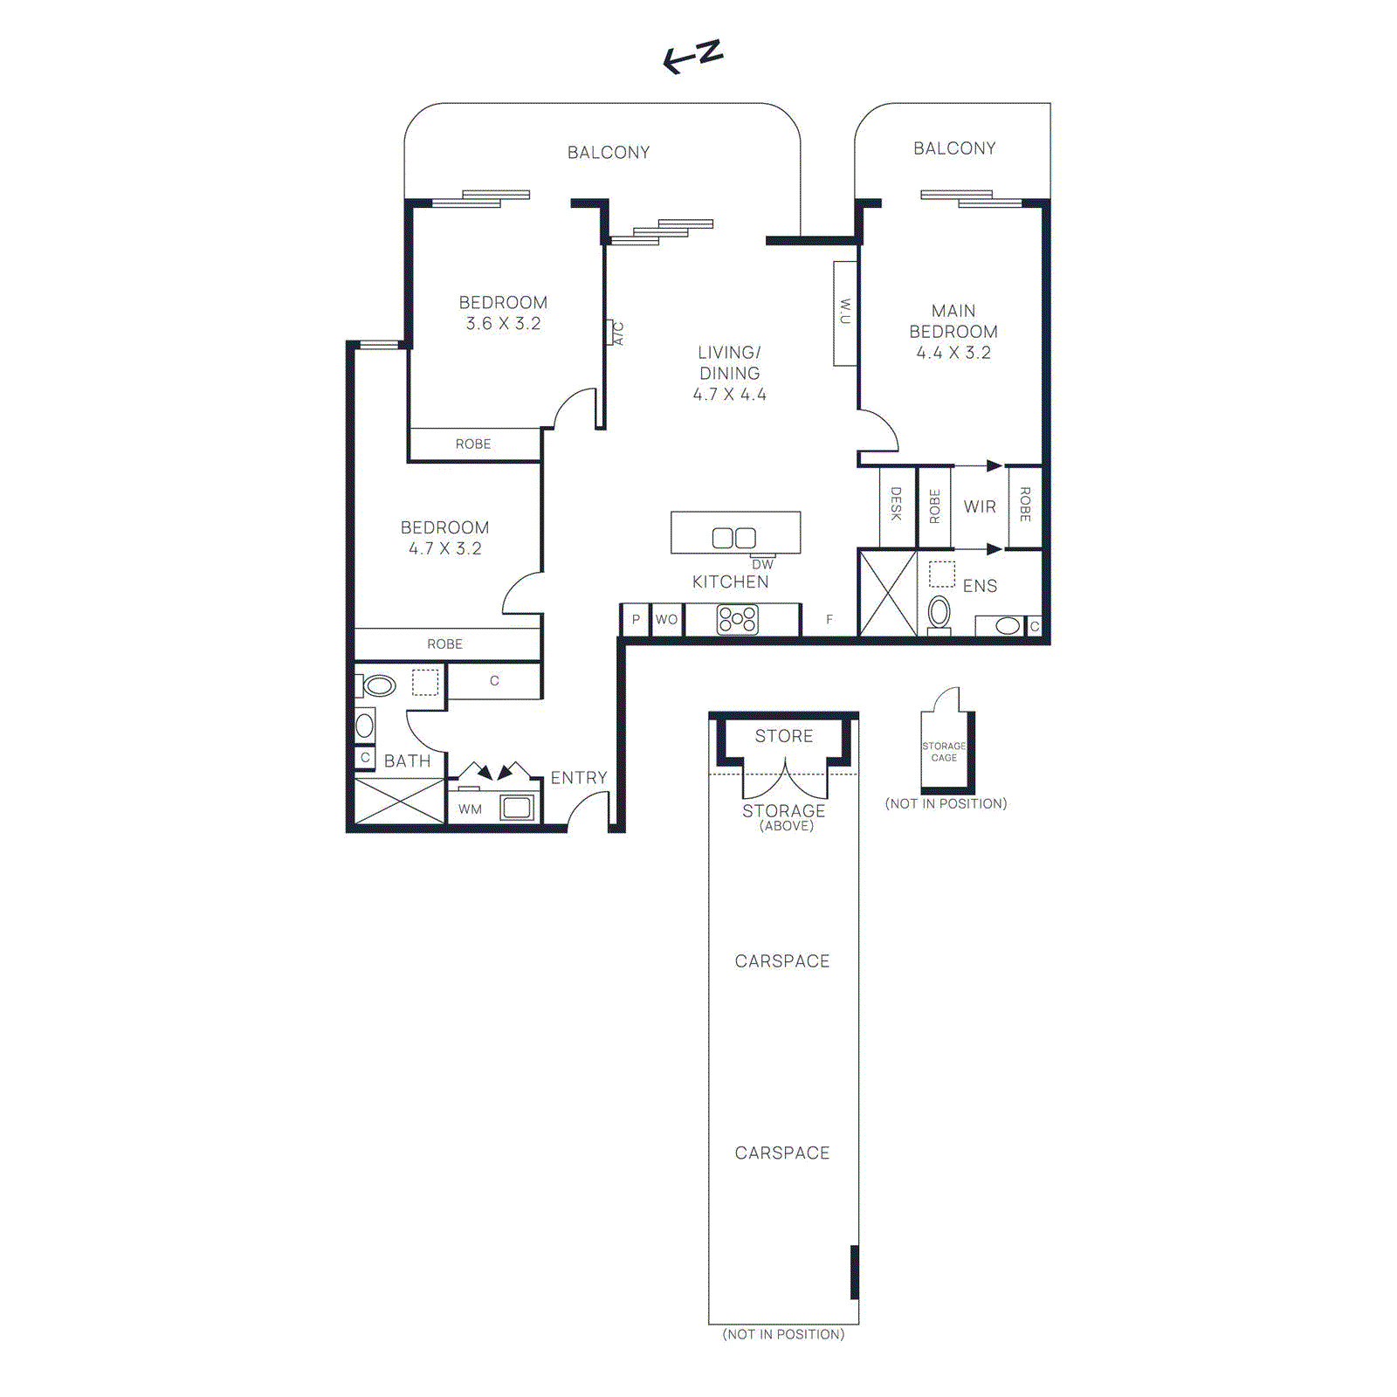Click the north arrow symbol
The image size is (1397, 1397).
[x=692, y=57]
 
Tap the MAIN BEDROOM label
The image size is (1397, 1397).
[x=953, y=332]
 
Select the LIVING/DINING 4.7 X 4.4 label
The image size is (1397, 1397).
[x=729, y=373]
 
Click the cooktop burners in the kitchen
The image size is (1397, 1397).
[x=737, y=620]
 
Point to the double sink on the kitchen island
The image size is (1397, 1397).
[x=733, y=538]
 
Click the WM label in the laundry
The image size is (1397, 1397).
[x=470, y=809]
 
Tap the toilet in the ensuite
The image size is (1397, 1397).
[x=939, y=613]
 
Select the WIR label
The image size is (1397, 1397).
[x=980, y=506]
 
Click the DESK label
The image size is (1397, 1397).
[x=896, y=504]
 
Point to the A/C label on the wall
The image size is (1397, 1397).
[x=617, y=334]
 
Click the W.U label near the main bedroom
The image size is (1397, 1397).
[x=844, y=312]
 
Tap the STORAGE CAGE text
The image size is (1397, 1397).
[x=944, y=752]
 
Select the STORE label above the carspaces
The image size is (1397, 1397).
[x=783, y=736]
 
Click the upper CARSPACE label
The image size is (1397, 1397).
[x=781, y=961]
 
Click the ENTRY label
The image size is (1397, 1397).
[x=578, y=778]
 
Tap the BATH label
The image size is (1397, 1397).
[x=407, y=761]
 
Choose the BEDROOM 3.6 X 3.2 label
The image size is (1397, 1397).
[x=503, y=313]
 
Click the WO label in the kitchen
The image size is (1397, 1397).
[x=666, y=620]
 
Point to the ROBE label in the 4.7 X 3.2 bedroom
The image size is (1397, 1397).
[x=444, y=644]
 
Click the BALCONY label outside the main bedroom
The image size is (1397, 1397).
[x=954, y=148]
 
